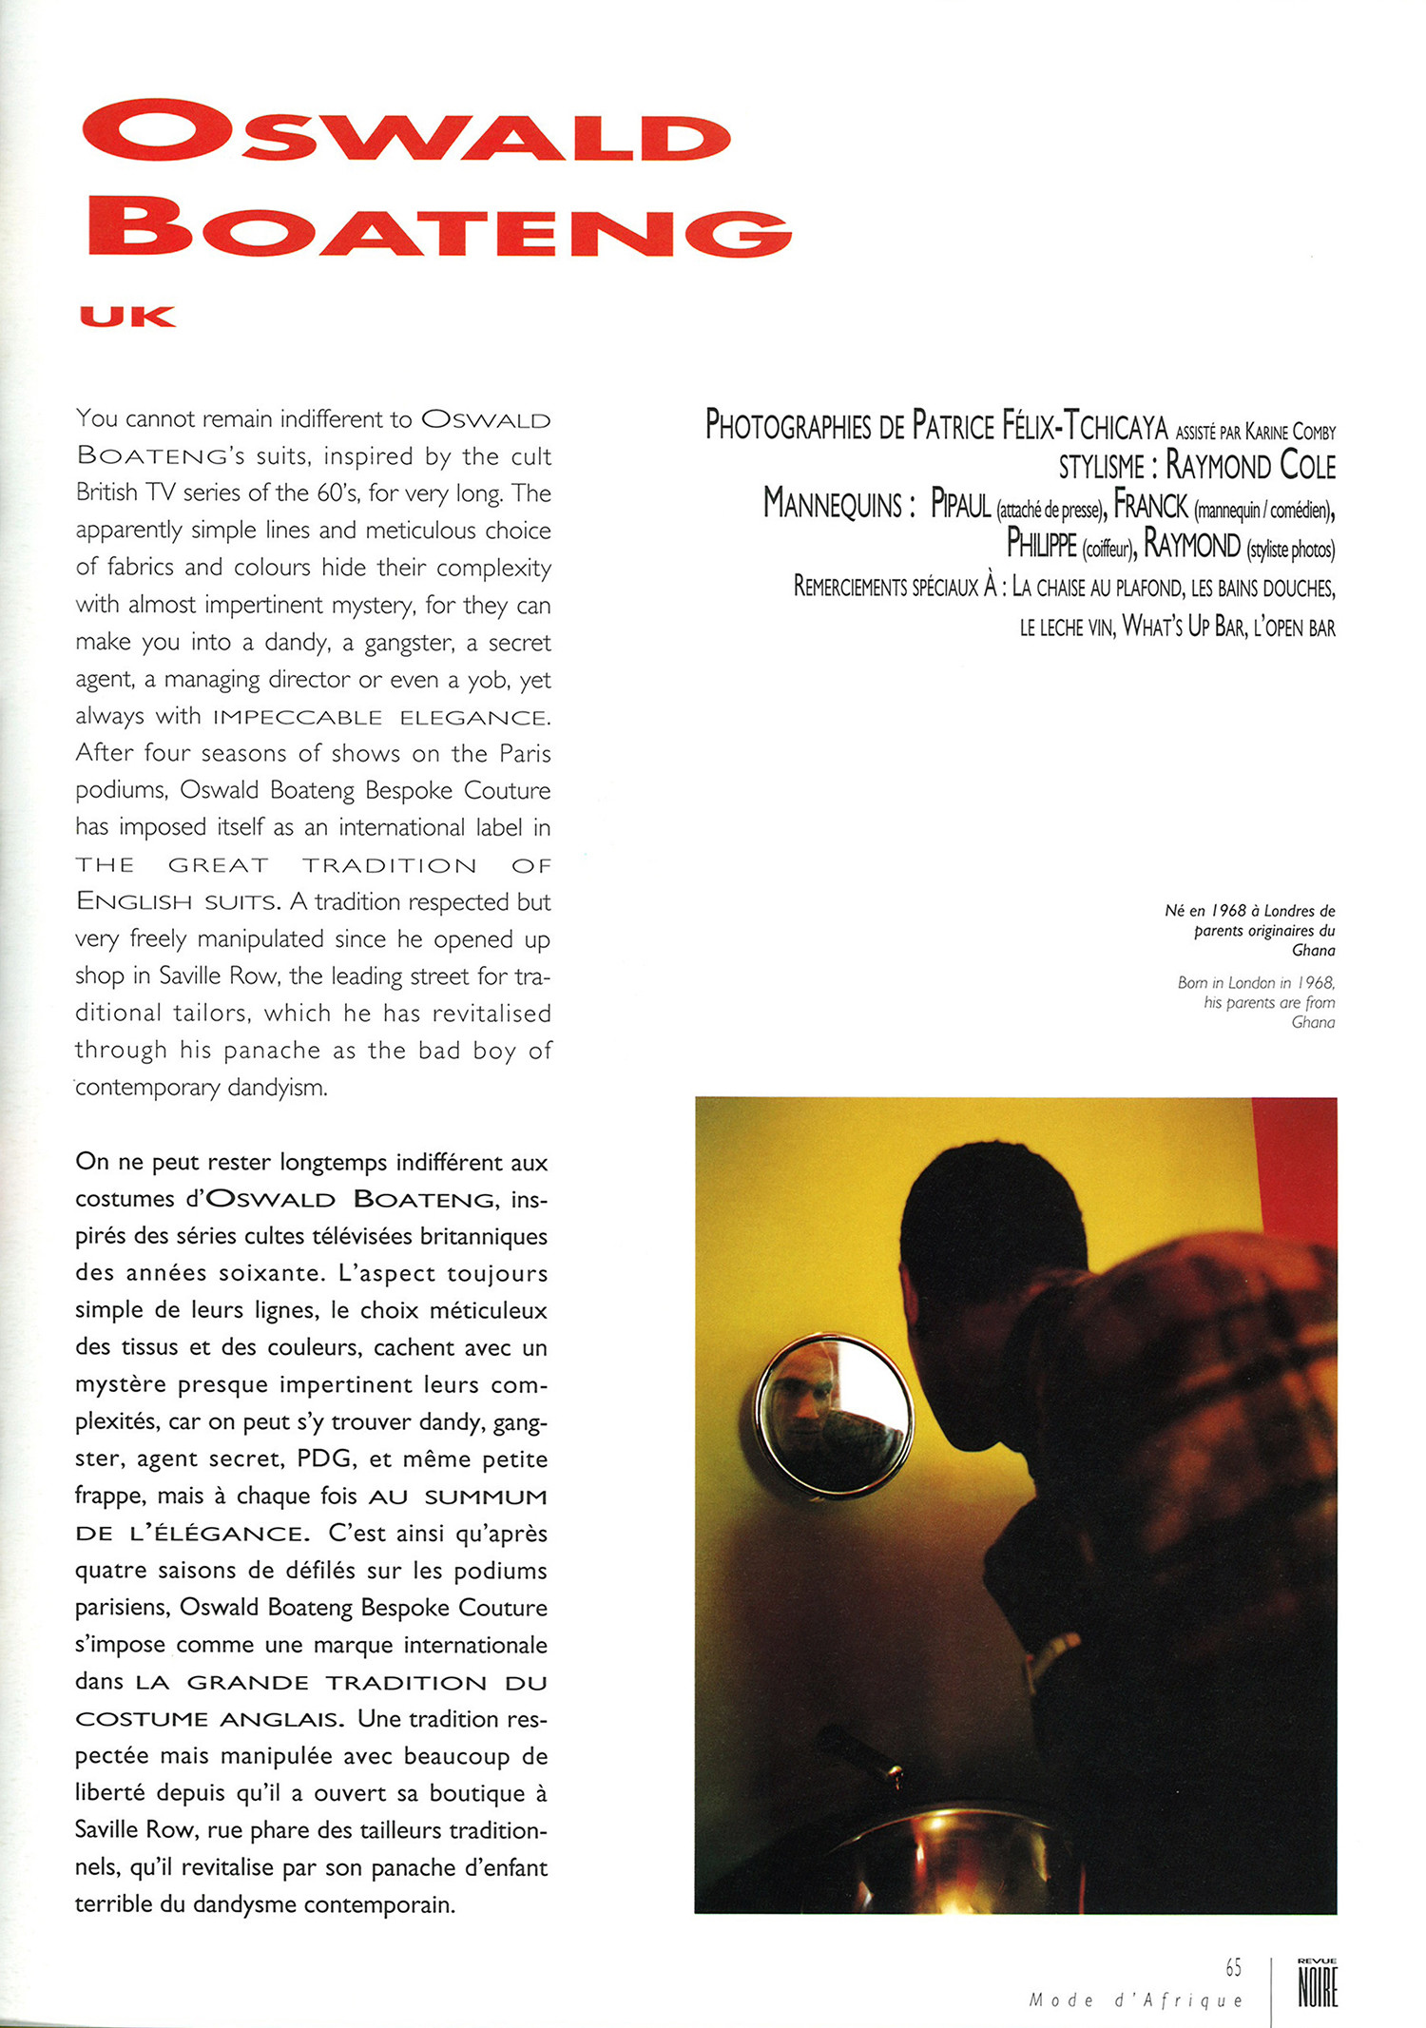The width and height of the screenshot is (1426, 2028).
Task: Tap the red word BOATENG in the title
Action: pos(439,226)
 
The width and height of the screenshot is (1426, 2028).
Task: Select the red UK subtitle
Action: pos(127,317)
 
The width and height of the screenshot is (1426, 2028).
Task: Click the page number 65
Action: pos(1233,1967)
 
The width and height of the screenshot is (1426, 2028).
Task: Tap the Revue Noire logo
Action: pos(1318,1983)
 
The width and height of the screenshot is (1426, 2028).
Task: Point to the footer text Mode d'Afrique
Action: pos(1136,2000)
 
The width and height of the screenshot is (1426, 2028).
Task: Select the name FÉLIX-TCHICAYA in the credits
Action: pos(1084,426)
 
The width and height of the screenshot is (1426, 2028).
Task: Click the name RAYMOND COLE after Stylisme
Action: pos(1250,466)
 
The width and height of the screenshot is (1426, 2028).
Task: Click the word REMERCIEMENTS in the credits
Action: pos(850,587)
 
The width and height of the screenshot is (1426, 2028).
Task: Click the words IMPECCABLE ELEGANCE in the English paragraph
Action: pos(381,717)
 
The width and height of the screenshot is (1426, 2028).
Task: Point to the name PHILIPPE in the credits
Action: pos(1041,546)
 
